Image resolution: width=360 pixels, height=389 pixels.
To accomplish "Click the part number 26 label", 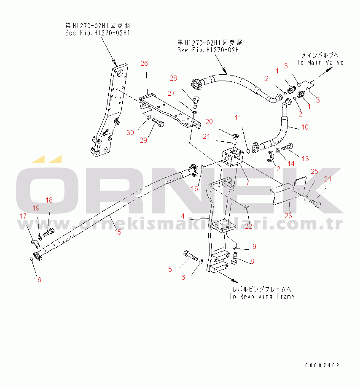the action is point(144,64).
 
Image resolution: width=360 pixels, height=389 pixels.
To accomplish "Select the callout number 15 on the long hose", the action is point(118,232).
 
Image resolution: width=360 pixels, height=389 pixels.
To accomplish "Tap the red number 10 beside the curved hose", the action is point(305,127).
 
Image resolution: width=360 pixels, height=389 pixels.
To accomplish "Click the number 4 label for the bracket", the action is point(182,216).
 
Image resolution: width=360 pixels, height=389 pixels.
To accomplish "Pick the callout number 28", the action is point(174,78).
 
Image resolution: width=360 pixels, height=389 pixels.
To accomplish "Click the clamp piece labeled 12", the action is point(271,157).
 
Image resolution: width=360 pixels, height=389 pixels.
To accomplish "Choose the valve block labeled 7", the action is point(232,159).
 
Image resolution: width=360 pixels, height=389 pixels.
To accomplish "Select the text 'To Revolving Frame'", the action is point(261,297).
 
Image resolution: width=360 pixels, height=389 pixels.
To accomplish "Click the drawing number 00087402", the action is point(322,365).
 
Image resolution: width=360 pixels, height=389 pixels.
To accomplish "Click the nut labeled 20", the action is point(235,135).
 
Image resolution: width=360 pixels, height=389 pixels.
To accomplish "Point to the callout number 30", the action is point(131,132).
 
